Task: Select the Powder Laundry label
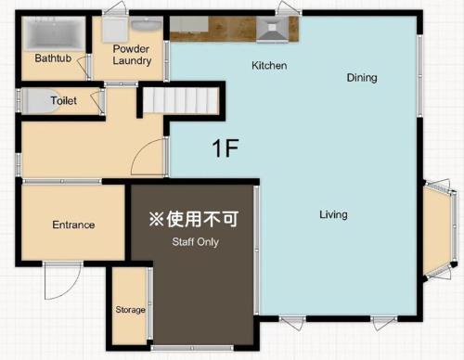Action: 132,54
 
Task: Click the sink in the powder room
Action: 145,25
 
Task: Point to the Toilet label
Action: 63,100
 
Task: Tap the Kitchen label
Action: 269,66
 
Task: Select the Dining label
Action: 362,78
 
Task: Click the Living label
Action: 333,214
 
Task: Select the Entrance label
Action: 73,225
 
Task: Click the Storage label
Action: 130,309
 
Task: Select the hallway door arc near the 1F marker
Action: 148,160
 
